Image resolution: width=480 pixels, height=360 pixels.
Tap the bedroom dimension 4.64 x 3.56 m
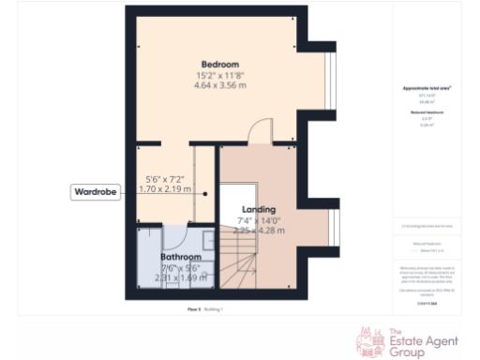point(221,85)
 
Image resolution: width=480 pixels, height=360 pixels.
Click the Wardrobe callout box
point(97,192)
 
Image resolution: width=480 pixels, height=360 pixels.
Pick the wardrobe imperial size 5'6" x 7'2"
point(166,178)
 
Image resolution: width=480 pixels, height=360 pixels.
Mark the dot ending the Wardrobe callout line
point(194,192)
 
